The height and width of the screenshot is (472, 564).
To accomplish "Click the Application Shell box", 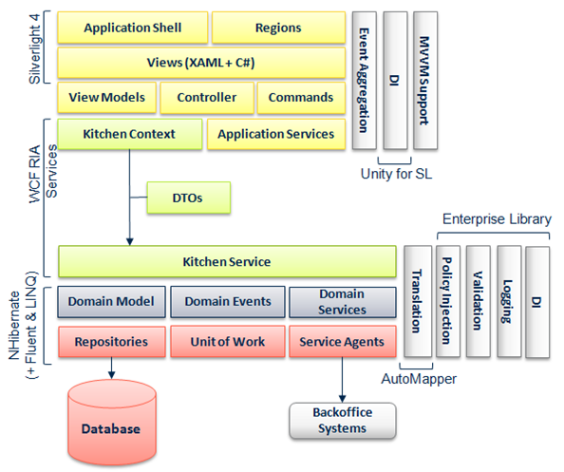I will point(132,28).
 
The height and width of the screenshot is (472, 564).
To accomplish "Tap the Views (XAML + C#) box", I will point(199,63).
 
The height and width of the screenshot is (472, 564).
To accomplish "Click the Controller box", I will point(206,98).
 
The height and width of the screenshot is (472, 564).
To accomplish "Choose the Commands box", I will point(300,98).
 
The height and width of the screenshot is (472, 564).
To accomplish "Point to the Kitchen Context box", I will point(129,134).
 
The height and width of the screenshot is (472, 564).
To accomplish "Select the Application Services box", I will point(275,134).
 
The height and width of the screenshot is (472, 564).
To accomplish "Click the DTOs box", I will point(188,198).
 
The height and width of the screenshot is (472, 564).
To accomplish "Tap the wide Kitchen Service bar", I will point(226,261).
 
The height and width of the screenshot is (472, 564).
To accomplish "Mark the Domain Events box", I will point(227,302).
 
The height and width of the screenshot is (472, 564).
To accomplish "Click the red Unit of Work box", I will point(227,340).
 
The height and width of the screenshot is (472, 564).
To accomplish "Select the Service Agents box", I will point(342,340).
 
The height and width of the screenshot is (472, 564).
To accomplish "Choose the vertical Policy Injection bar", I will point(447,302).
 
